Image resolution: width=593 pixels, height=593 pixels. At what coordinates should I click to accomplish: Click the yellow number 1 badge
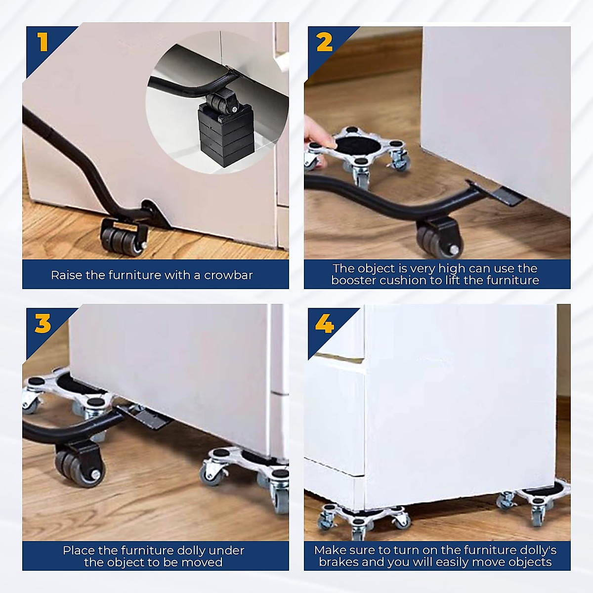(43, 42)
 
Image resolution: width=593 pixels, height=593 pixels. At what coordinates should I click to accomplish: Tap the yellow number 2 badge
(325, 42)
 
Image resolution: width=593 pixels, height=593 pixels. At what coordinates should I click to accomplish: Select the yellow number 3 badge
(42, 324)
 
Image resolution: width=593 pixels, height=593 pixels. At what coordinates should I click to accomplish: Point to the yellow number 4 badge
(325, 325)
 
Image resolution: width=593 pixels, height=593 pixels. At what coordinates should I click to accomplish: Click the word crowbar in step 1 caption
(228, 275)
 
